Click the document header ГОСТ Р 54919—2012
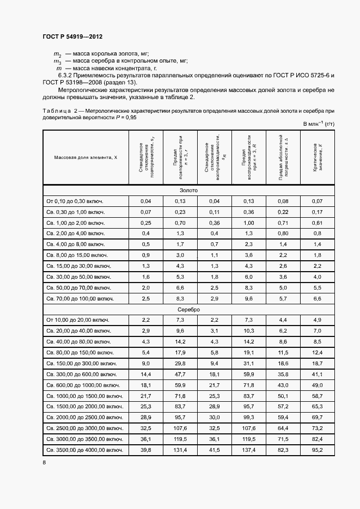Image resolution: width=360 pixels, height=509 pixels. point(72,36)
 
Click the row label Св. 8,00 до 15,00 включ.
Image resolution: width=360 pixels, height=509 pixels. point(77,255)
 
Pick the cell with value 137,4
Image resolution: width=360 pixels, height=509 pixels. point(248,450)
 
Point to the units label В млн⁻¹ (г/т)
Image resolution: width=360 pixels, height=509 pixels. point(319,124)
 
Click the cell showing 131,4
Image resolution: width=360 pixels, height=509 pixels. point(180,450)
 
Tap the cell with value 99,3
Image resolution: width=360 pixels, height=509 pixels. point(248,417)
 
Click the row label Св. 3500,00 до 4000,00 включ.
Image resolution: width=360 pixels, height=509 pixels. point(84,450)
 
